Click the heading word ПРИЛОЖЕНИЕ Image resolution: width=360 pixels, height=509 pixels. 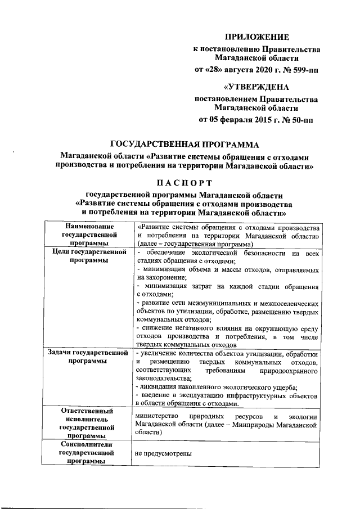pyautogui.click(x=257, y=37)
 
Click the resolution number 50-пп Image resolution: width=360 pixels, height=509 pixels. pyautogui.click(x=298, y=120)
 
